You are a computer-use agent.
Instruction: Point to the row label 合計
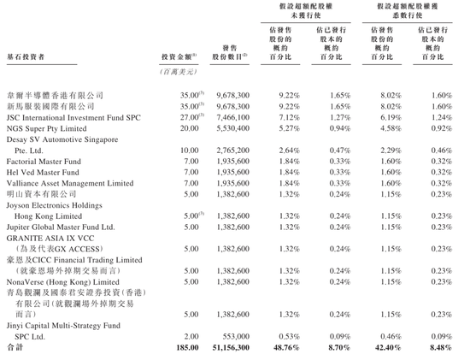[14, 347]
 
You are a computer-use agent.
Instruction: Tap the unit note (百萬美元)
[179, 73]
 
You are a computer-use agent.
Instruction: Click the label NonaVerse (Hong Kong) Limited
[59, 280]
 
